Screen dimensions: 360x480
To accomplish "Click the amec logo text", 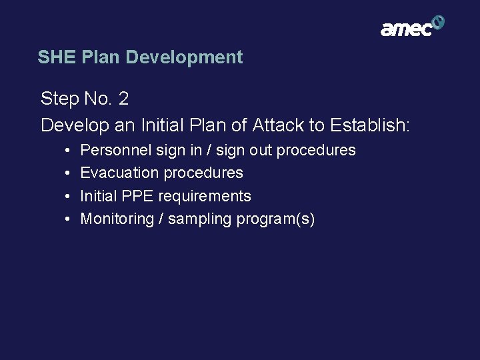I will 405,29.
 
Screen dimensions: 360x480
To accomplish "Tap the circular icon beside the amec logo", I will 438,23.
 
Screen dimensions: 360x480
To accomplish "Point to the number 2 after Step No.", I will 123,99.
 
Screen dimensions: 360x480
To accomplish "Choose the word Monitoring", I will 117,219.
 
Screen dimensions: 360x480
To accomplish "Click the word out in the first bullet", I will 261,151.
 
